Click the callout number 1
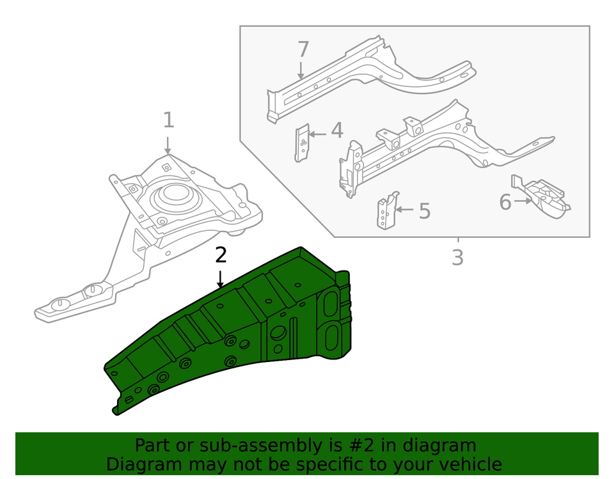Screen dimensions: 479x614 168,120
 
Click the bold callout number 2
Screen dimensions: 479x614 221,255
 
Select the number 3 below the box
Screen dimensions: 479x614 457,258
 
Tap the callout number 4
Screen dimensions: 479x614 336,130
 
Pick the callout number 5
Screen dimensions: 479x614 425,211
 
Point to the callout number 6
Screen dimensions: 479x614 505,203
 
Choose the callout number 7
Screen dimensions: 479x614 303,49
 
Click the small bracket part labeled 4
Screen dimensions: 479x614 303,143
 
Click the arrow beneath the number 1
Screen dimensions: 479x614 168,144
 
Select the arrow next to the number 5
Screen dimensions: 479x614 404,209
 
